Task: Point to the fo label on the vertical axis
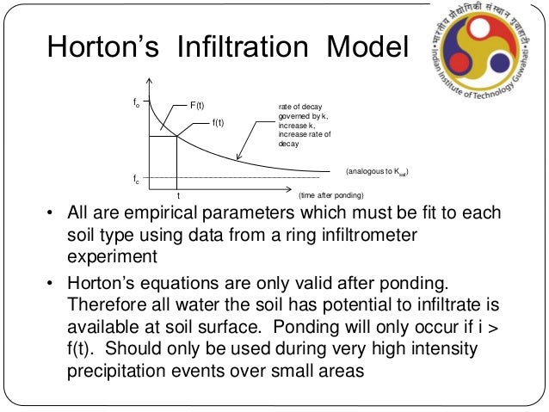pos(136,103)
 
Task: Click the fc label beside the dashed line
pos(136,180)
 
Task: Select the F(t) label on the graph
pos(197,106)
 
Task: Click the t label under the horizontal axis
pos(177,196)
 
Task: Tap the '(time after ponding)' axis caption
pos(330,196)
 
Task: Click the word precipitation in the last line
pos(117,372)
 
